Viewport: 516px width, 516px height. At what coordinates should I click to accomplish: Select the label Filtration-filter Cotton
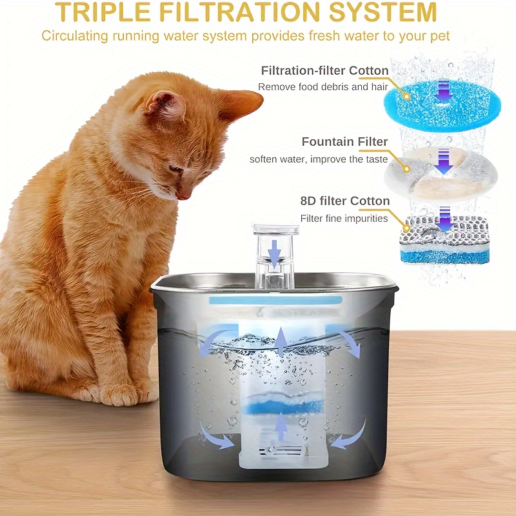click(x=324, y=70)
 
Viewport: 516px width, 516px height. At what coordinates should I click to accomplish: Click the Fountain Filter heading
click(x=344, y=142)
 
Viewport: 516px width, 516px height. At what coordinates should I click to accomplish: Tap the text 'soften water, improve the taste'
click(x=319, y=159)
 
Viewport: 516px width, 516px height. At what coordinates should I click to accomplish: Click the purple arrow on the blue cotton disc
click(x=442, y=94)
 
